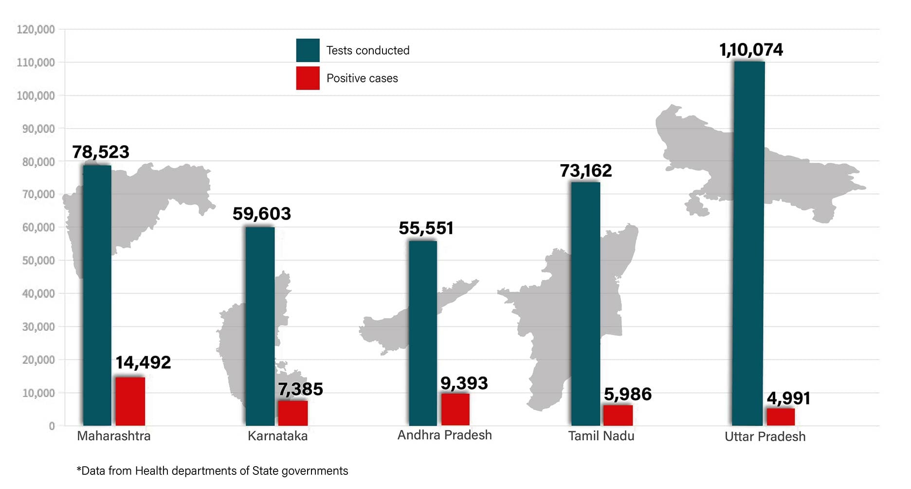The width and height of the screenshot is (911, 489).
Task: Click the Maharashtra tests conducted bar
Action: coord(97,295)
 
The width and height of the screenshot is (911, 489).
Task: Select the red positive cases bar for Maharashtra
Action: coord(130,401)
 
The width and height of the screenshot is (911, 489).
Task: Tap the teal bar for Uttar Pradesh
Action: coord(749,244)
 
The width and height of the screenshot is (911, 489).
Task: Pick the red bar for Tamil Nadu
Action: coord(618,415)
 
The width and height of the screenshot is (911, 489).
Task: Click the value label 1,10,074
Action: coord(751,50)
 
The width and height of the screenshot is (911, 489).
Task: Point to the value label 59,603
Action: coord(261,214)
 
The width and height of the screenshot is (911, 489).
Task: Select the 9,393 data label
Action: coord(464,383)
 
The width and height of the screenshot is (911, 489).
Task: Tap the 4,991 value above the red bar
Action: coord(788,398)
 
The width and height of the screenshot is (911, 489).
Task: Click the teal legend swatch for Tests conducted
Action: coord(308,50)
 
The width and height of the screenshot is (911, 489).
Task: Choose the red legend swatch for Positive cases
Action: coord(308,78)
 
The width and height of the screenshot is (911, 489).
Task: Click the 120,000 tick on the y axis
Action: coord(36,30)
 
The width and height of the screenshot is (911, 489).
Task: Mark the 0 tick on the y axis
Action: coord(52,426)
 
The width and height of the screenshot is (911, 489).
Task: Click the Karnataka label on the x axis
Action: coord(277,436)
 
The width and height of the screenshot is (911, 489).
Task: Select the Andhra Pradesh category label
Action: coord(444,435)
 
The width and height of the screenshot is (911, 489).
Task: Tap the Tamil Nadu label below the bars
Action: coord(601,436)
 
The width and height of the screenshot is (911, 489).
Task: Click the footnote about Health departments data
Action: coord(212,471)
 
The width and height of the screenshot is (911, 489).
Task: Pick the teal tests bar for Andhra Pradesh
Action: coord(422,333)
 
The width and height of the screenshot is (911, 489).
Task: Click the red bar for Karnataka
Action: coord(292,413)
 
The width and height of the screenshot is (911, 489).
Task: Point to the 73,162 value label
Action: coord(585,171)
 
